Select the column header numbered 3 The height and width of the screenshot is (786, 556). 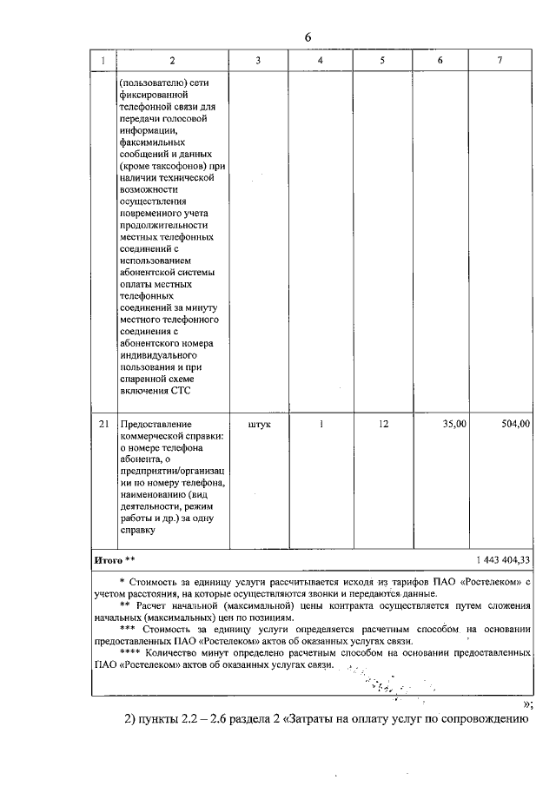tap(258, 60)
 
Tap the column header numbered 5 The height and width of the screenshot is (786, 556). tap(382, 60)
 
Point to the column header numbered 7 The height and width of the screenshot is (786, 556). tap(500, 60)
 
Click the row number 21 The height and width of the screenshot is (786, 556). tap(104, 424)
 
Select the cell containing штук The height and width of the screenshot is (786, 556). tap(258, 424)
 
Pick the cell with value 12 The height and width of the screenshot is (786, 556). tap(382, 424)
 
